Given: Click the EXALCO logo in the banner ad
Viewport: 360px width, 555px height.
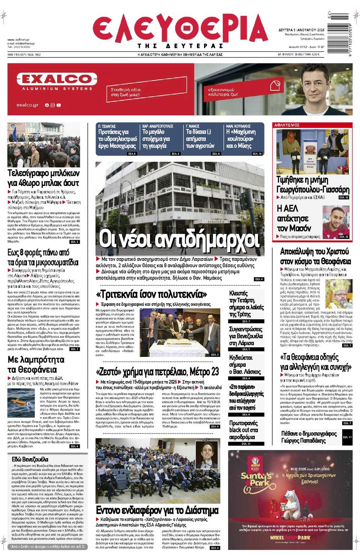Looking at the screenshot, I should (x=57, y=79).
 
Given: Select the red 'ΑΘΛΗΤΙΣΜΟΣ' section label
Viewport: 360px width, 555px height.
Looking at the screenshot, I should (x=287, y=125).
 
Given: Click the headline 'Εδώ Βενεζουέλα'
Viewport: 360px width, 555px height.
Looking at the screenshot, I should (x=30, y=459).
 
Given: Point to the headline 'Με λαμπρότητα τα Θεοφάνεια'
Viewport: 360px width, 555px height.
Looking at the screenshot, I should (x=36, y=364).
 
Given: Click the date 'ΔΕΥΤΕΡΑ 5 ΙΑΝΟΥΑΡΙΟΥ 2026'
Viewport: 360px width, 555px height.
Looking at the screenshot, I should (x=301, y=30).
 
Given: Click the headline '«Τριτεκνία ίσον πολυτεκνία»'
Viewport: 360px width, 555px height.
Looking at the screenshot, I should (x=151, y=294).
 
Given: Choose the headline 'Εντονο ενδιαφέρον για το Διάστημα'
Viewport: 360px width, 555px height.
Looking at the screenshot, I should (x=157, y=510).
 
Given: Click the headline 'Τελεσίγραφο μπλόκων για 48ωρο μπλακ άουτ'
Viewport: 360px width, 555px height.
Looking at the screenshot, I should (x=43, y=178).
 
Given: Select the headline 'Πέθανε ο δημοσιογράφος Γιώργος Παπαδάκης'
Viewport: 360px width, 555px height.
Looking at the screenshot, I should (x=309, y=437).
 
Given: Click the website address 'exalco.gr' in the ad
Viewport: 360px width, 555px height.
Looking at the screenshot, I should (x=27, y=105).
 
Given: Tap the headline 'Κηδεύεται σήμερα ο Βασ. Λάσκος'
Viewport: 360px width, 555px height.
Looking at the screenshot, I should (x=245, y=364).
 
